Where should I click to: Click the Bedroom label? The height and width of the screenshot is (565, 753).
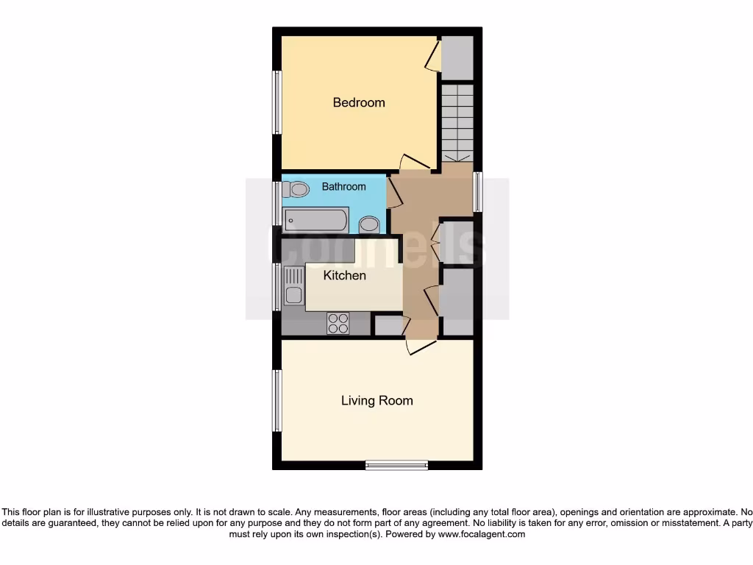pyautogui.click(x=359, y=102)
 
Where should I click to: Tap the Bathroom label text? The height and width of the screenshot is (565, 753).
pyautogui.click(x=343, y=187)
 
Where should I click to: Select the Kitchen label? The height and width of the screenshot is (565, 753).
pyautogui.click(x=345, y=275)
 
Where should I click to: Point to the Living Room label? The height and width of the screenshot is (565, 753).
pyautogui.click(x=376, y=401)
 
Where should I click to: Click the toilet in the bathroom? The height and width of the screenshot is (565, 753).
pyautogui.click(x=297, y=189)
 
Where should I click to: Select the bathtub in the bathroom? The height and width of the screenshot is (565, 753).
pyautogui.click(x=316, y=220)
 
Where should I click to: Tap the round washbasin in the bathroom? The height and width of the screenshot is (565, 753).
pyautogui.click(x=369, y=224)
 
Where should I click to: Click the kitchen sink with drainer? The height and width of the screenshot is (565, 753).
pyautogui.click(x=294, y=286)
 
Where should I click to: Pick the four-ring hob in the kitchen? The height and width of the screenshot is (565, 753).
pyautogui.click(x=338, y=324)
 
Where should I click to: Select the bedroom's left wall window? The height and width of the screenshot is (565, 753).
pyautogui.click(x=277, y=102)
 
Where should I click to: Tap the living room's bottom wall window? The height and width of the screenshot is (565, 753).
pyautogui.click(x=396, y=464)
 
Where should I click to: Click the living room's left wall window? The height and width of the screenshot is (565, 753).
pyautogui.click(x=277, y=400)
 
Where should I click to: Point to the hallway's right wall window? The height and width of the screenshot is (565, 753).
pyautogui.click(x=477, y=191)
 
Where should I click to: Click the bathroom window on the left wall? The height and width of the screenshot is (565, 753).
pyautogui.click(x=277, y=202)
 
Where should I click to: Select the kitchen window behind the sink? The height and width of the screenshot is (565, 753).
pyautogui.click(x=277, y=286)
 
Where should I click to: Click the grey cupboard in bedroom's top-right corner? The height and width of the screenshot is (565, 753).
pyautogui.click(x=457, y=57)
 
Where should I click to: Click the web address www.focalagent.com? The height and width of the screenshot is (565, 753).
pyautogui.click(x=481, y=534)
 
